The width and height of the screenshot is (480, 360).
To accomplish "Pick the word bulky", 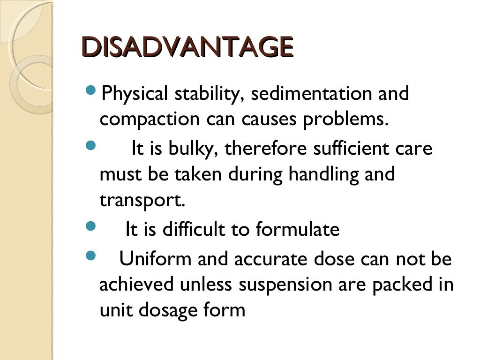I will (194, 149).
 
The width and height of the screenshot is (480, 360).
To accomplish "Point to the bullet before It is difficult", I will (90, 227).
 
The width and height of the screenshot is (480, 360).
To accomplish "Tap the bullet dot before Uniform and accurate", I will (90, 255).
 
